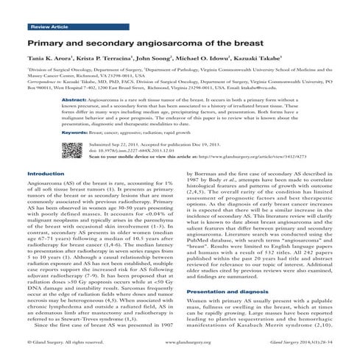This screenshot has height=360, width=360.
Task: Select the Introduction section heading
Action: tap(45, 194)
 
